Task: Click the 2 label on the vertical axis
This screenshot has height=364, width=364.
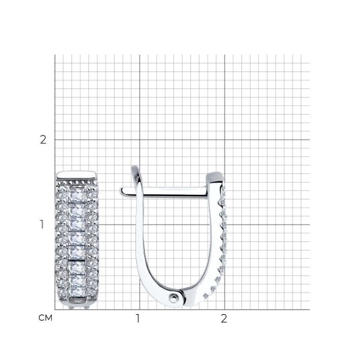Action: click(x=43, y=140)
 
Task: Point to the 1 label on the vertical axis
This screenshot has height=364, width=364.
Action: click(x=42, y=224)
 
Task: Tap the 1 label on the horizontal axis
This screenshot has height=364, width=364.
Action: click(x=138, y=319)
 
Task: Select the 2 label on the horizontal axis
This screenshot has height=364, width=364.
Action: click(x=224, y=319)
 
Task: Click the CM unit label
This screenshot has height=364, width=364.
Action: click(x=46, y=317)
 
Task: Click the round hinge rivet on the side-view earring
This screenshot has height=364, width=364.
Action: click(x=173, y=297)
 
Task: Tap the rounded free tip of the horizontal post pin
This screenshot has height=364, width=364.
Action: click(x=121, y=191)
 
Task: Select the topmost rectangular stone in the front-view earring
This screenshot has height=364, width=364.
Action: click(x=77, y=195)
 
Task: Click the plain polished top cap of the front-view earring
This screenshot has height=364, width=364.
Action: click(x=76, y=175)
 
